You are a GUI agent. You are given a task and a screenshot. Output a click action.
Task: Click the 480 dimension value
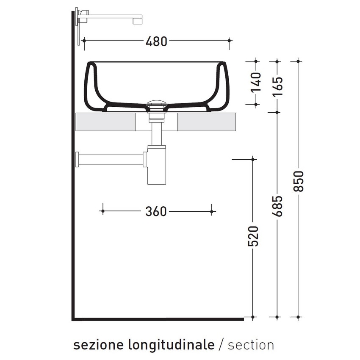tap(156, 41)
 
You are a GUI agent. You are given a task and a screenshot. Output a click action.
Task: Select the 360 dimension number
tap(156, 211)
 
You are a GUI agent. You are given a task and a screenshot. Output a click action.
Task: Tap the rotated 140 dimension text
tap(256, 82)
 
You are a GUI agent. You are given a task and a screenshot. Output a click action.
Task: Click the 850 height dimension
tap(299, 181)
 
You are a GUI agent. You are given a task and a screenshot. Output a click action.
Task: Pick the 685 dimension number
tap(277, 206)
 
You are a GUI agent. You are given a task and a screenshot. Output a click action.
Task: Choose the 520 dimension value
tap(253, 236)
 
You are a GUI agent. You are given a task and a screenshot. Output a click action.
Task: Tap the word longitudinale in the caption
tap(171, 345)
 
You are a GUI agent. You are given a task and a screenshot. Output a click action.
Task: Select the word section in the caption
tap(251, 345)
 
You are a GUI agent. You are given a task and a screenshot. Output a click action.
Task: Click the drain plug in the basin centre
tap(157, 102)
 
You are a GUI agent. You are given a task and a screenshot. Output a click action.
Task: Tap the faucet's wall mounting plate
tap(78, 25)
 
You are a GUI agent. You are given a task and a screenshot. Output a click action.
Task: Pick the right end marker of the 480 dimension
tap(229, 41)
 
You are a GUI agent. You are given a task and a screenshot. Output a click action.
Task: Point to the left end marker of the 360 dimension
tap(102, 210)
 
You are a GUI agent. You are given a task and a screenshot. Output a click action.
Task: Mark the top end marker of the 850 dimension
tap(299, 62)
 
